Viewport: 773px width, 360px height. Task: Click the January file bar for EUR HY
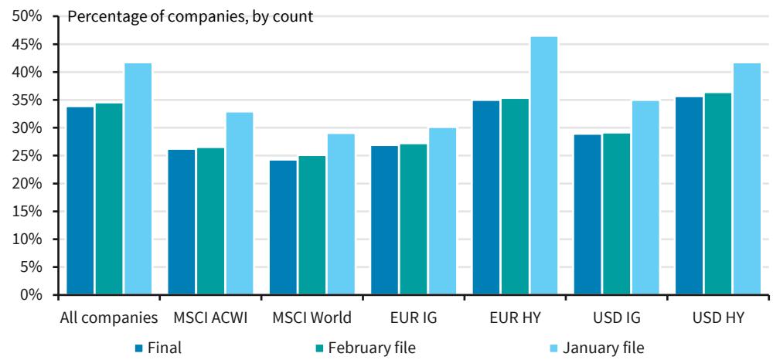click(544, 165)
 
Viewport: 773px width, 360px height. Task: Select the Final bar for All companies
click(80, 201)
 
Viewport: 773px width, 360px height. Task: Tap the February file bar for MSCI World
click(312, 225)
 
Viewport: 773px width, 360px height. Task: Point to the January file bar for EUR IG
click(442, 211)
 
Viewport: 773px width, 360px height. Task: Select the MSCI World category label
click(312, 318)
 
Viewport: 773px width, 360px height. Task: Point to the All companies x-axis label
click(109, 318)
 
